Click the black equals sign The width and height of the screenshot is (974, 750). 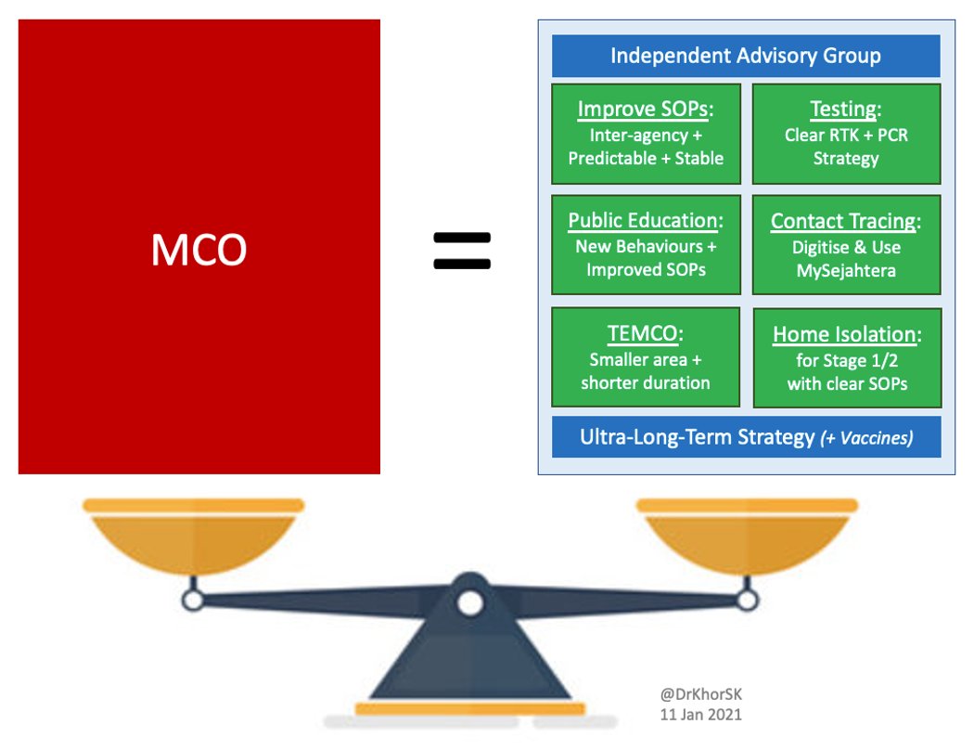[x=462, y=251]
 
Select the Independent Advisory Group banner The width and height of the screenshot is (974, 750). [x=746, y=56]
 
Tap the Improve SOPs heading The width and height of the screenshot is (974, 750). [x=646, y=109]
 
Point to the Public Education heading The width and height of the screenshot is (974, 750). [x=646, y=221]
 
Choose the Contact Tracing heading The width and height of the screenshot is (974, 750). [x=845, y=221]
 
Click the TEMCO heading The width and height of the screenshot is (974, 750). [x=646, y=334]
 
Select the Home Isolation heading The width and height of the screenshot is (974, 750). [x=845, y=335]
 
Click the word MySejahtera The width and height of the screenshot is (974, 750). [x=846, y=270]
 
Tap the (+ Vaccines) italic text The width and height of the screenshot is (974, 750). [x=866, y=438]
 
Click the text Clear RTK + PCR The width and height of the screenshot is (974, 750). [x=846, y=136]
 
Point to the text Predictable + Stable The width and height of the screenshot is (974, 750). [x=646, y=158]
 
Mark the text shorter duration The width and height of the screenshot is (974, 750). [x=646, y=382]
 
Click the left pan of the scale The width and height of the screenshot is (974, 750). [x=193, y=534]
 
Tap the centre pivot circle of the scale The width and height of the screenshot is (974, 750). [x=470, y=602]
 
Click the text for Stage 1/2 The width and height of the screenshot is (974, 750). [x=846, y=360]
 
